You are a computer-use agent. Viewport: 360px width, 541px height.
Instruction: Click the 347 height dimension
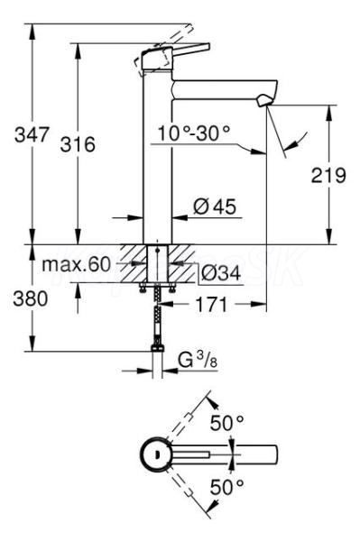click(32, 134)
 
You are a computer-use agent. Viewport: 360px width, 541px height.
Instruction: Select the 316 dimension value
click(78, 144)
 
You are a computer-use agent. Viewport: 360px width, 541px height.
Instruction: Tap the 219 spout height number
click(328, 175)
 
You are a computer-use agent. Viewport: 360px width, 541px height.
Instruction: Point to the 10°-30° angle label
click(194, 133)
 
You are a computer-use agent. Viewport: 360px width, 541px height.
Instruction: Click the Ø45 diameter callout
click(215, 206)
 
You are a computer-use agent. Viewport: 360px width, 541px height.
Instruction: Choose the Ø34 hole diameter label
click(221, 274)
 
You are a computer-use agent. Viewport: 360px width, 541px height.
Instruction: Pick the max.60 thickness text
click(77, 264)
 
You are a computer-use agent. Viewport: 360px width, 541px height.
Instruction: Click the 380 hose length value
click(31, 298)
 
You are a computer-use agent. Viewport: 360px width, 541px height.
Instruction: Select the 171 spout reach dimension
click(212, 305)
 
